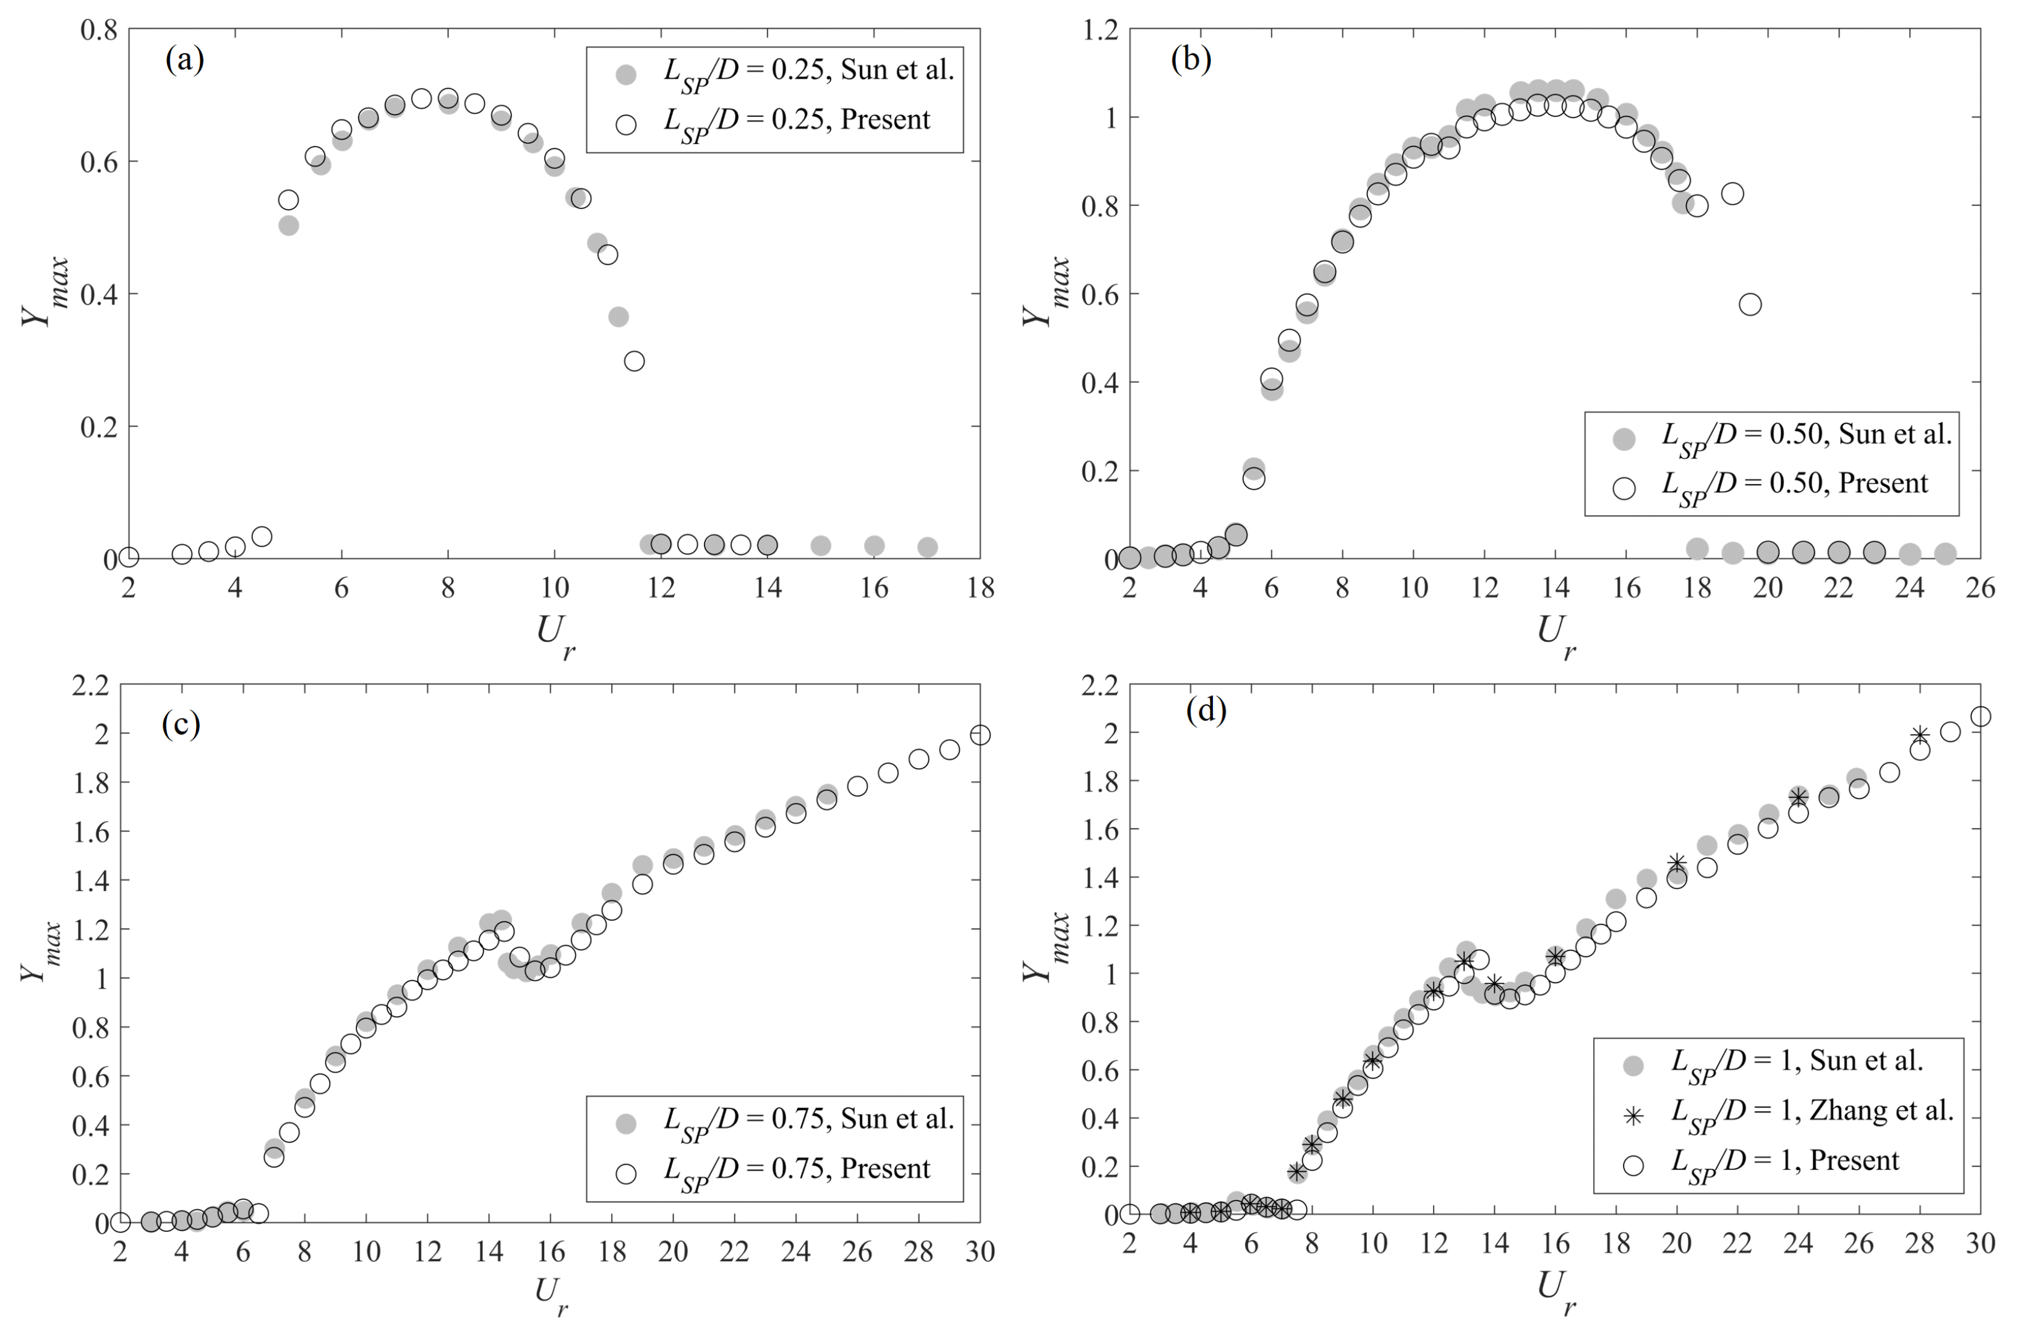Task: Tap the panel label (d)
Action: (1206, 709)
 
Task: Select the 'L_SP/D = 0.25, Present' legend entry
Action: (797, 121)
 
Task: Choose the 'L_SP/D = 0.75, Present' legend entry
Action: (797, 1170)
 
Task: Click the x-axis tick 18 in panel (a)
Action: (980, 588)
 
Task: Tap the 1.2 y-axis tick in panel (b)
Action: (1099, 30)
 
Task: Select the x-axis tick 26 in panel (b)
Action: (1980, 588)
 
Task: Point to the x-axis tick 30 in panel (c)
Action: (980, 1252)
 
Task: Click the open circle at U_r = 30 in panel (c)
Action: (980, 735)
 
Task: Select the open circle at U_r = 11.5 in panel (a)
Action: (634, 361)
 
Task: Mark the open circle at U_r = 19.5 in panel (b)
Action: (1750, 304)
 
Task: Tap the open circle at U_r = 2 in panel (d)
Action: (1129, 1214)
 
